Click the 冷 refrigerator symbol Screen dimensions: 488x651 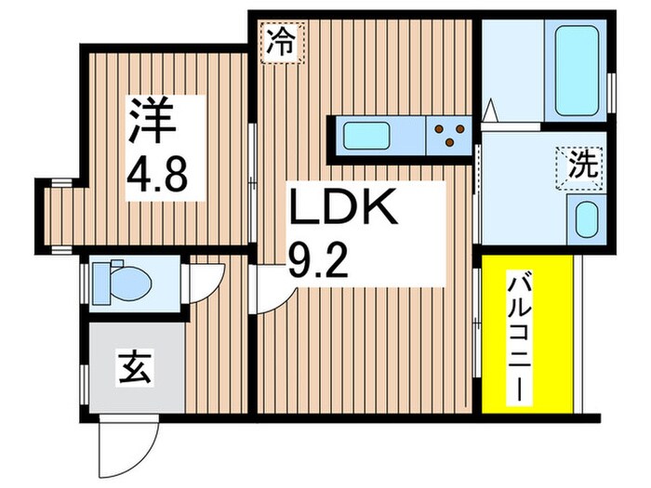point(281,43)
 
